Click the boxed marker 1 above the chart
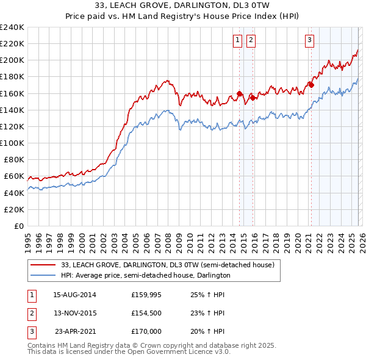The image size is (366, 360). pos(237,40)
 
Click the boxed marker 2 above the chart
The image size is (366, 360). pos(251,40)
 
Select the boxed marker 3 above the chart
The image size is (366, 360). pos(309,40)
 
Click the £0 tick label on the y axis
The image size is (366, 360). pos(18,226)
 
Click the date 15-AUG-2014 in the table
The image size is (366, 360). pos(74,294)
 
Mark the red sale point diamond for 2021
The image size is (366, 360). pos(310,85)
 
